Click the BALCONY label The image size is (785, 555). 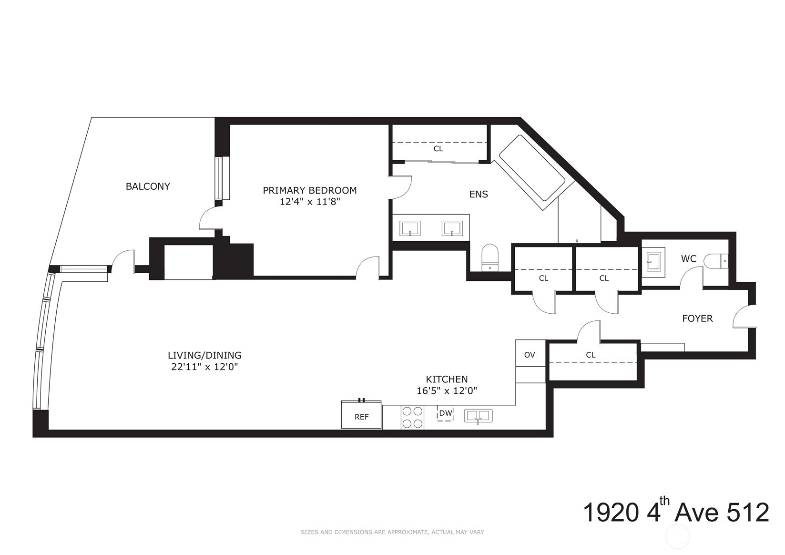coord(148,186)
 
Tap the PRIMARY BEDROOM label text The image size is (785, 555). coord(310,190)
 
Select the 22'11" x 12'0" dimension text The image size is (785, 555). coord(204,367)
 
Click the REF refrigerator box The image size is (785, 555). coord(362,415)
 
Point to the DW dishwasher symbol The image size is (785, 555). coord(446,413)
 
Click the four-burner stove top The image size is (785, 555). coord(412,417)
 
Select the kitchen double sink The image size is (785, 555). coord(479,416)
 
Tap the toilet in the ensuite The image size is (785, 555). coord(490,257)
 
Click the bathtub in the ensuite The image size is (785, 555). coord(532,173)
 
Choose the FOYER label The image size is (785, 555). coord(697,319)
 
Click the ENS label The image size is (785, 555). coord(479,194)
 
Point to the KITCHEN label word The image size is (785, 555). coord(447,379)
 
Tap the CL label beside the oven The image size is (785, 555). coord(591,355)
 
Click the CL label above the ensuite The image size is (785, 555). coord(438,149)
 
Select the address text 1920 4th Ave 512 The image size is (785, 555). coord(676,512)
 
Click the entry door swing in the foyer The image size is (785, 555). coord(744,317)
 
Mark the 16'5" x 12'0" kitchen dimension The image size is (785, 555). coord(447,391)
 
